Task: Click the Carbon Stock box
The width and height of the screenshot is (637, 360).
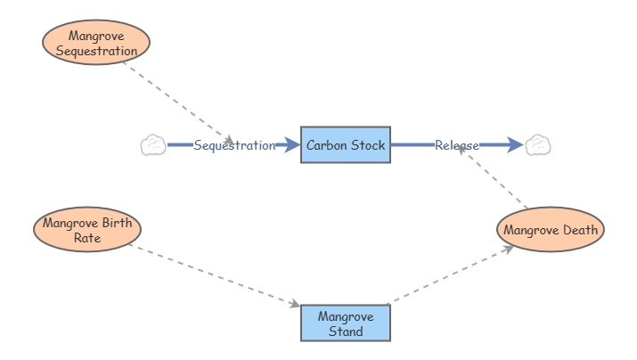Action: pyautogui.click(x=345, y=145)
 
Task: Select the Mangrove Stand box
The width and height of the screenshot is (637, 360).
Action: pyautogui.click(x=345, y=323)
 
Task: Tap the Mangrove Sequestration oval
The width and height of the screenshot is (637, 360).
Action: pyautogui.click(x=96, y=43)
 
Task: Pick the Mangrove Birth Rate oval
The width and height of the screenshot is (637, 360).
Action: pyautogui.click(x=87, y=230)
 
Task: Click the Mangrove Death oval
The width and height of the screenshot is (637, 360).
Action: pyautogui.click(x=551, y=231)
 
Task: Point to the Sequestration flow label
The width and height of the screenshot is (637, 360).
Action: pyautogui.click(x=234, y=145)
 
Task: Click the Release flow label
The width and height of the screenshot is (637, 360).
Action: pyautogui.click(x=457, y=145)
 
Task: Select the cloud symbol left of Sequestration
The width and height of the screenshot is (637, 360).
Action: pyautogui.click(x=153, y=145)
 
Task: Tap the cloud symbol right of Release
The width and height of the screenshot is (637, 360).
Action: pyautogui.click(x=537, y=145)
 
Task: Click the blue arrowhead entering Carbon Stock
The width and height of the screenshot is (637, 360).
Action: pyautogui.click(x=291, y=145)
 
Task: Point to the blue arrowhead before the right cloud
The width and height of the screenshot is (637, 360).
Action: pyautogui.click(x=514, y=145)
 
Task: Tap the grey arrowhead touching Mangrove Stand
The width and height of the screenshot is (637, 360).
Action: pyautogui.click(x=294, y=305)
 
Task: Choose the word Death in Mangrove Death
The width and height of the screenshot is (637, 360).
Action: pyautogui.click(x=581, y=231)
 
